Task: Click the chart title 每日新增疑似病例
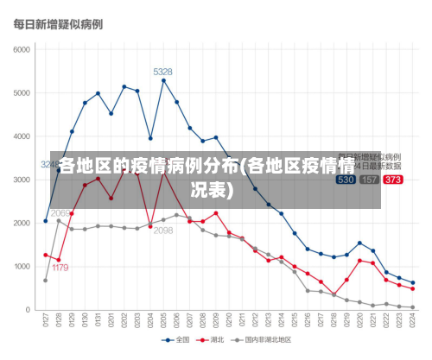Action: (x=53, y=25)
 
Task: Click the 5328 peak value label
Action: (x=162, y=72)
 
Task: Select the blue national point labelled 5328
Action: (x=163, y=80)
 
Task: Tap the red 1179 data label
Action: (x=60, y=268)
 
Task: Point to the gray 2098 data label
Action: (x=163, y=231)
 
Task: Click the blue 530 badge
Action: (x=346, y=180)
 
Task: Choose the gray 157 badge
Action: (x=369, y=180)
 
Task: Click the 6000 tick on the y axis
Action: (x=22, y=48)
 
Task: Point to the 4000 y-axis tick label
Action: (x=22, y=136)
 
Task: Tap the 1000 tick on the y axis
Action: (x=22, y=266)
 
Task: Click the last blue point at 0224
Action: (x=413, y=283)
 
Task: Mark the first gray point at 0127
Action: (x=46, y=280)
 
